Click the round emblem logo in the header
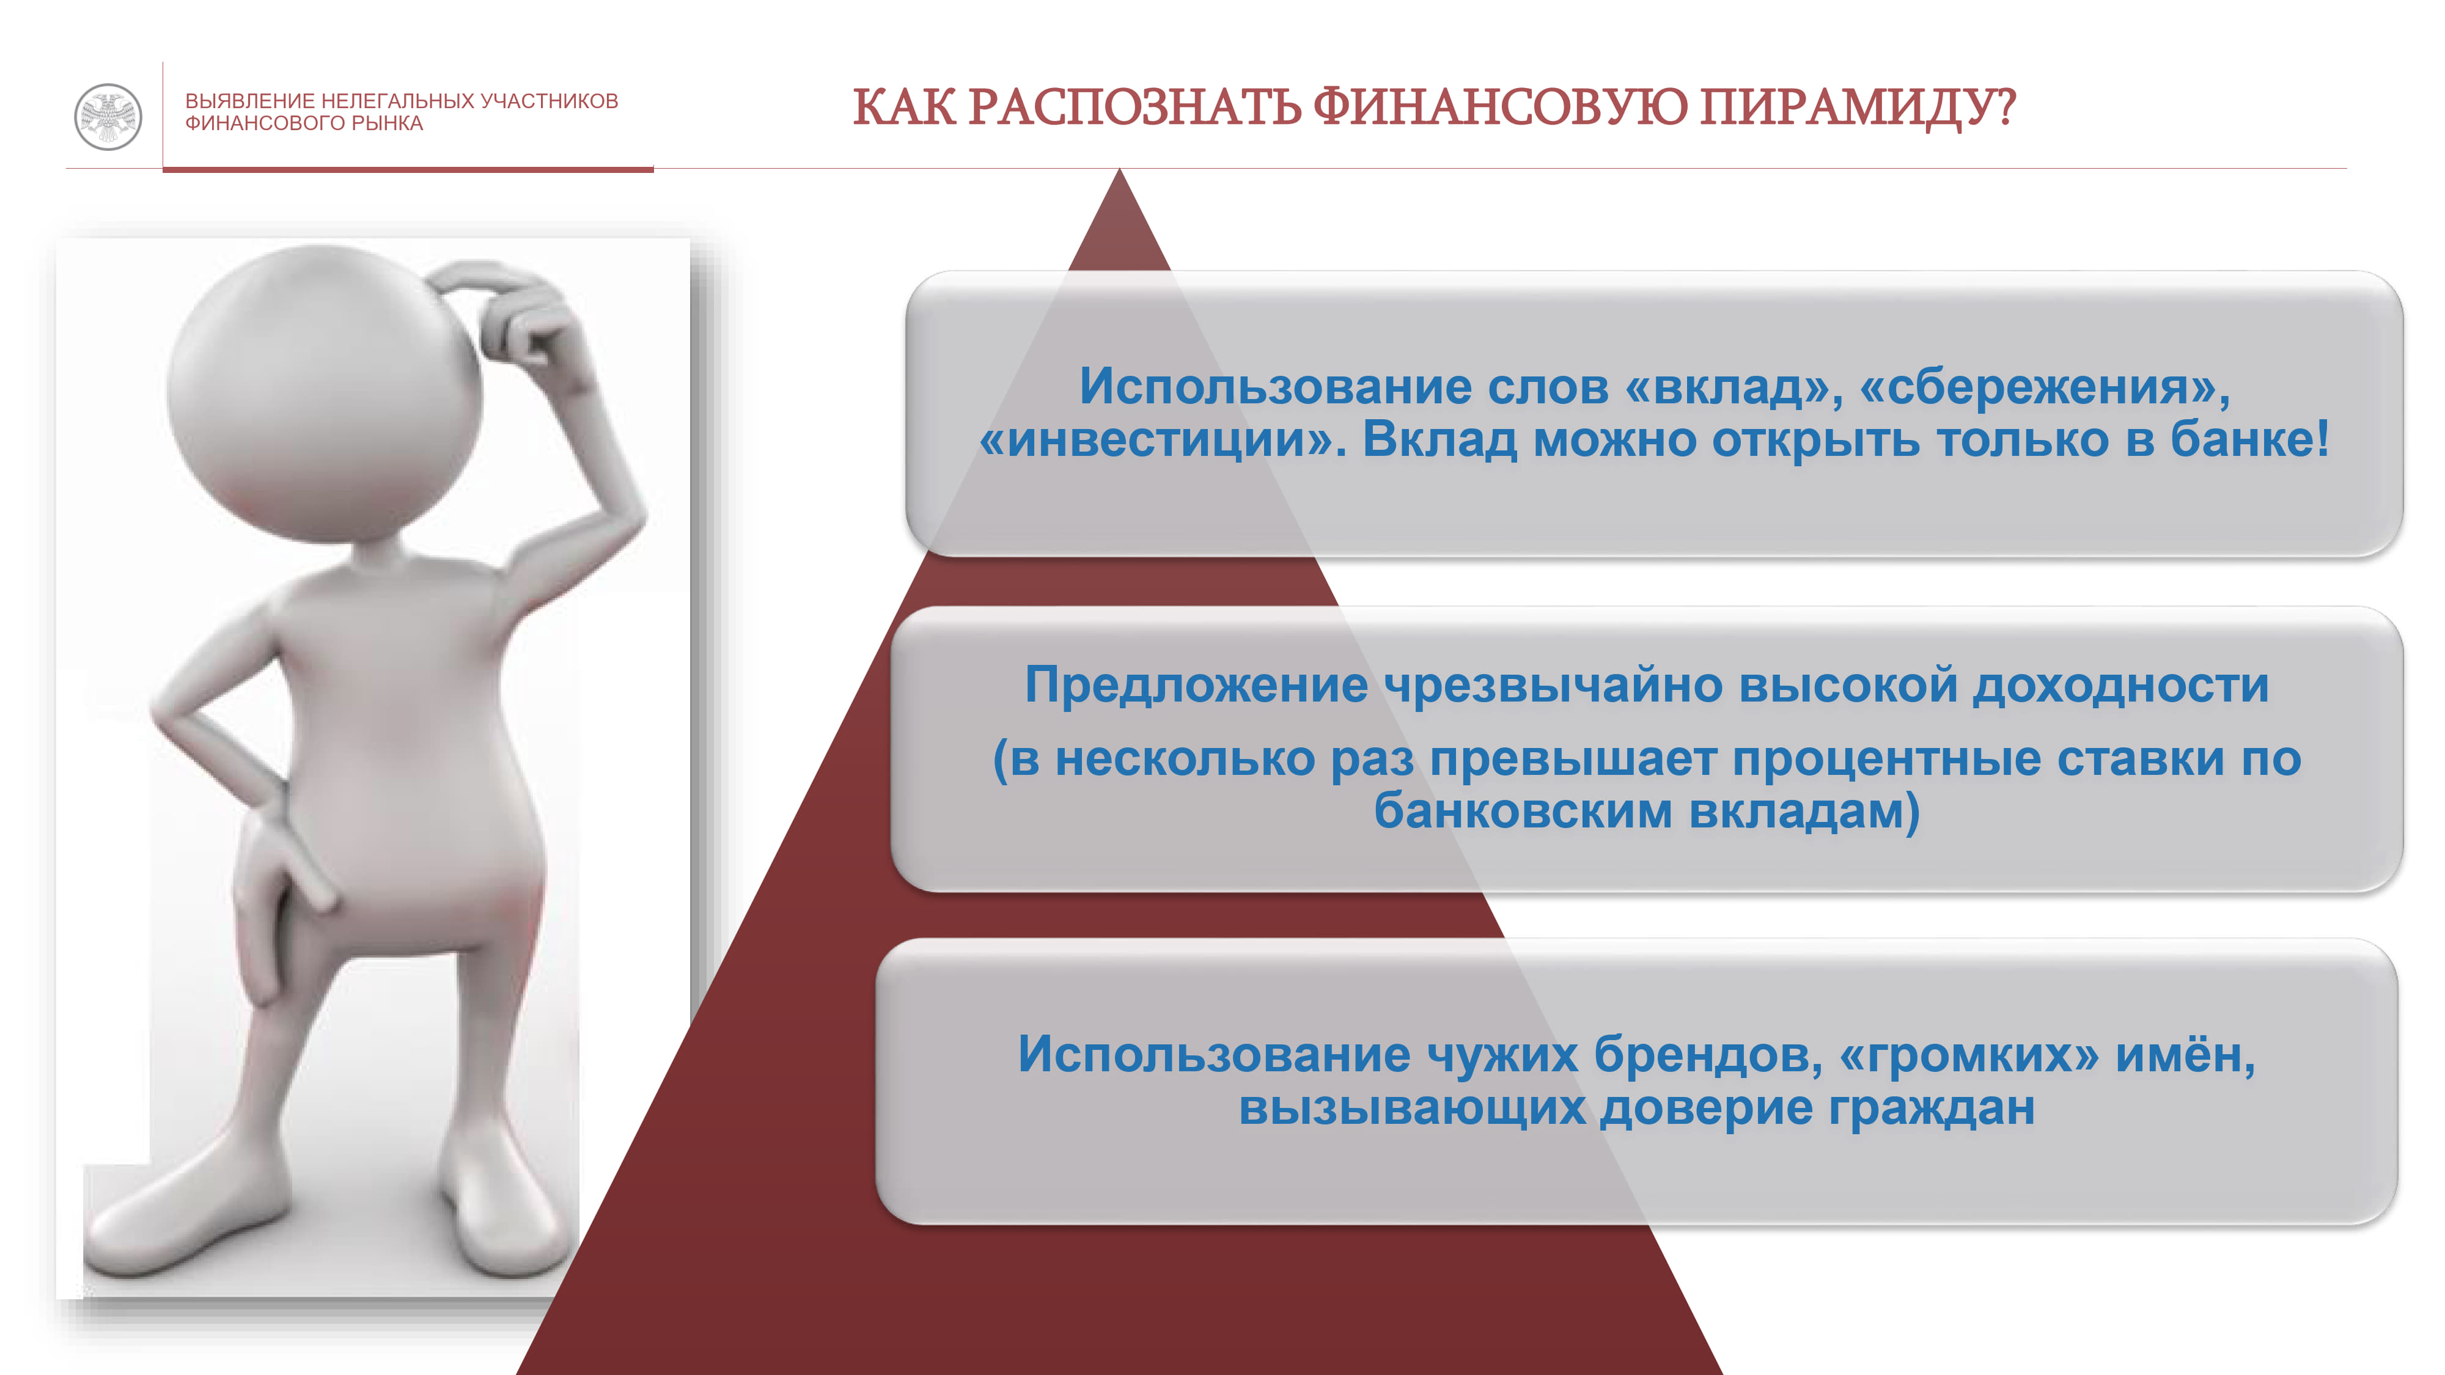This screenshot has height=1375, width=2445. [x=108, y=117]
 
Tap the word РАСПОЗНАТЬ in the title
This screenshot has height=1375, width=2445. [x=1134, y=106]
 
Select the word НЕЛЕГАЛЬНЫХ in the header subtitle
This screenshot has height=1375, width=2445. [x=398, y=101]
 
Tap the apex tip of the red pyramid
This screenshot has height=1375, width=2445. [x=1119, y=170]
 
